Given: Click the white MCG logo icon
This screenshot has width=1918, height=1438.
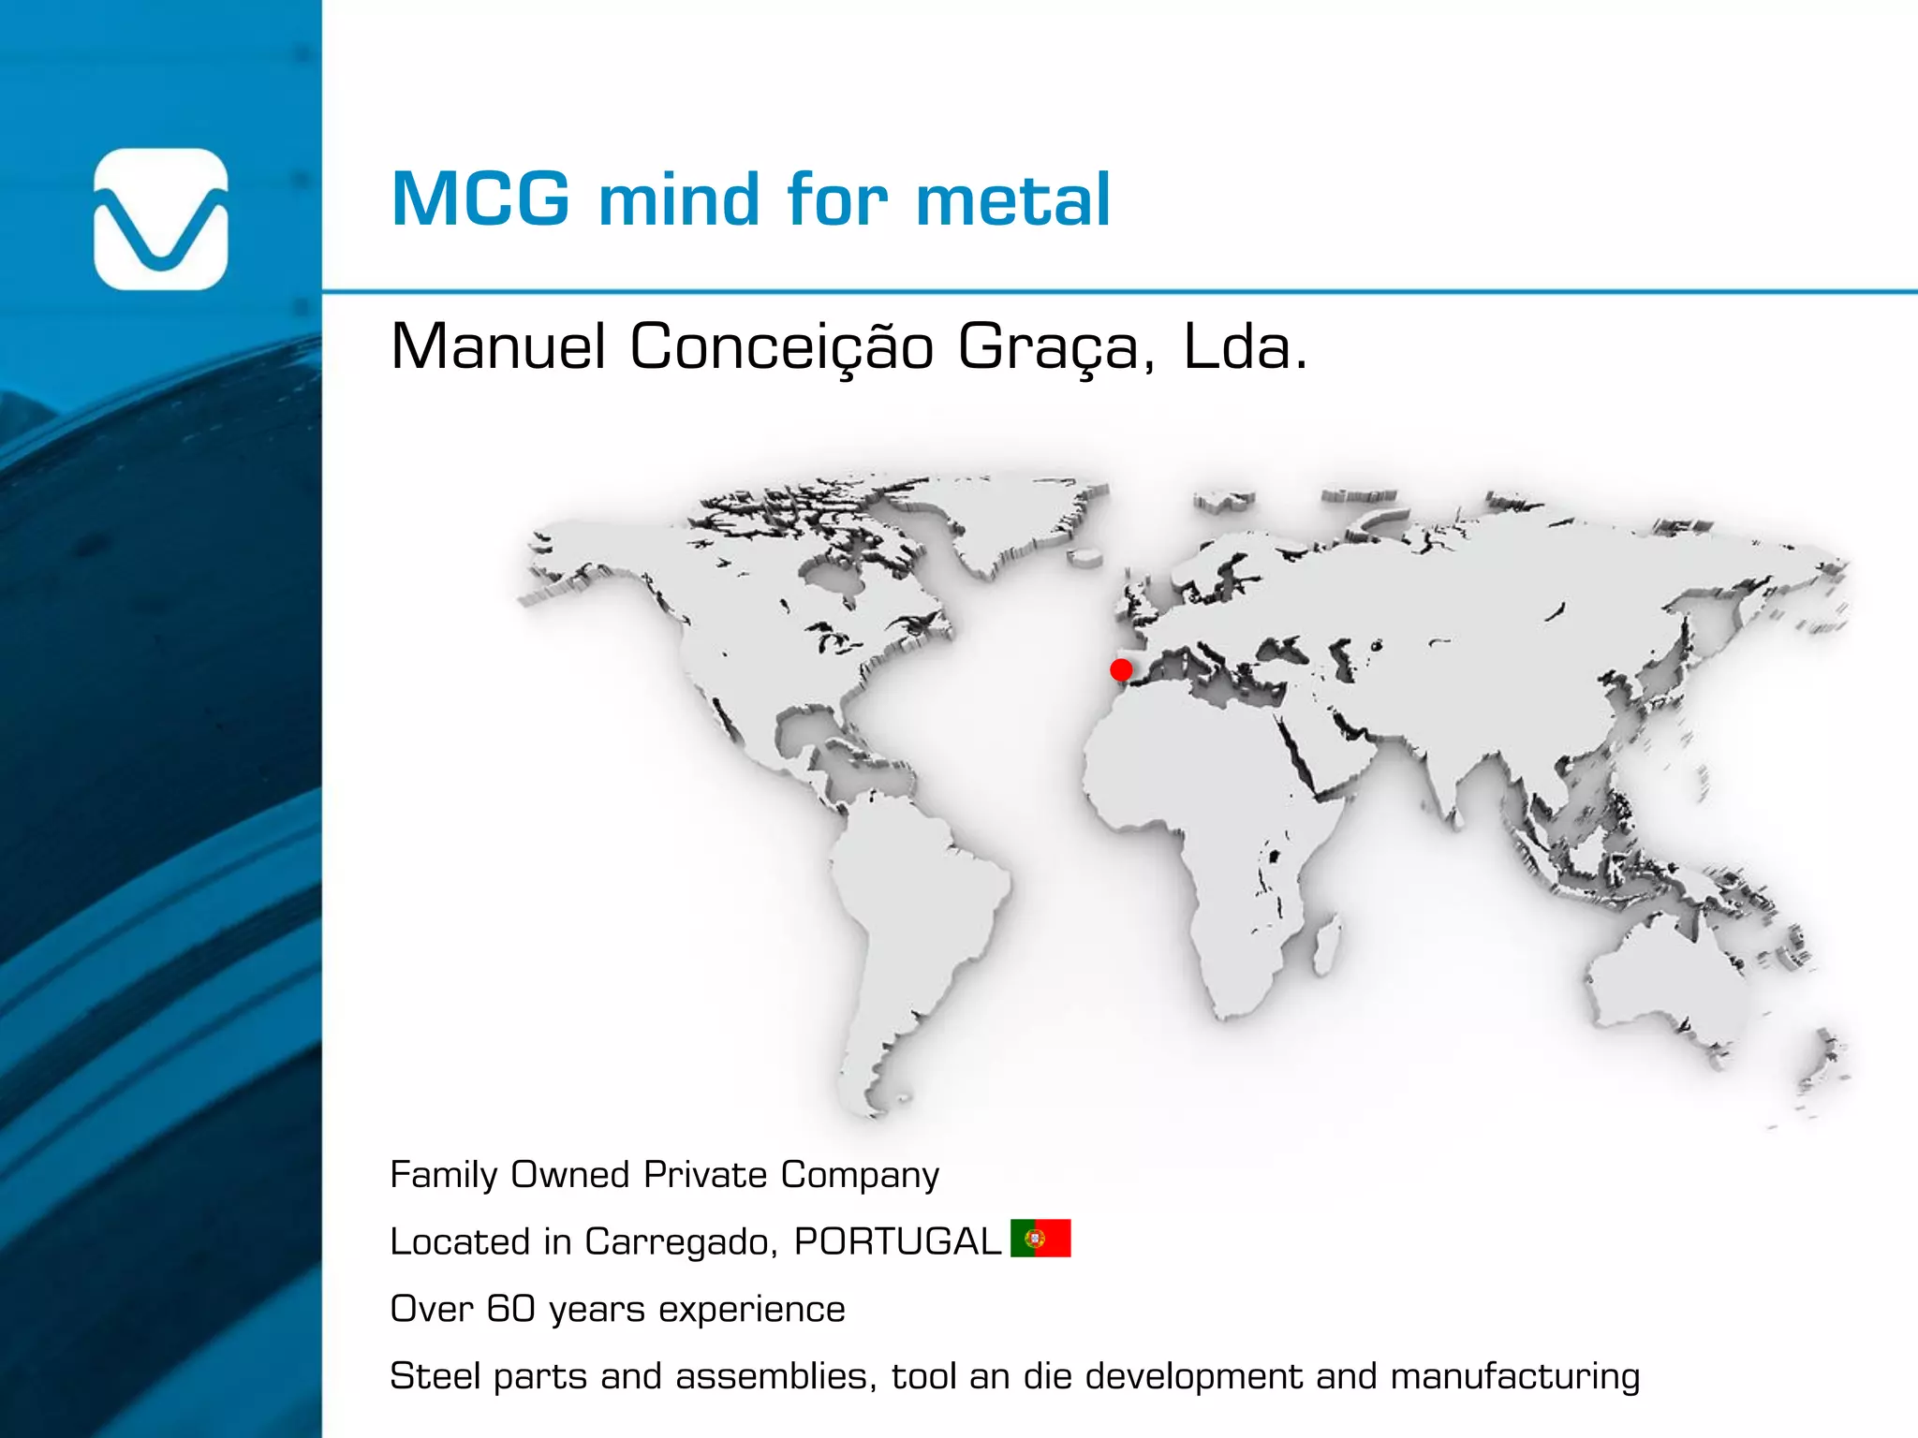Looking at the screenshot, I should tap(161, 219).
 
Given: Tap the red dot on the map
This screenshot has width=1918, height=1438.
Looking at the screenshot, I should tap(1121, 669).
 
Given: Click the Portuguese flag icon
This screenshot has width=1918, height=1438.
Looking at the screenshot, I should tap(1040, 1239).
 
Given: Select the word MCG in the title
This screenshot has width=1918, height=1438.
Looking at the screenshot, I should tap(480, 199).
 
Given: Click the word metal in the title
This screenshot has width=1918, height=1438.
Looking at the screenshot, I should tap(1013, 199).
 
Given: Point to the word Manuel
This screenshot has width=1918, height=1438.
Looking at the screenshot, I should tap(498, 347).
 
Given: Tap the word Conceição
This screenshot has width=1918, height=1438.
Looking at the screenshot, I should tap(781, 347).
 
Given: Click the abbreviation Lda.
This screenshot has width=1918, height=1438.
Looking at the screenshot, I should tap(1245, 347).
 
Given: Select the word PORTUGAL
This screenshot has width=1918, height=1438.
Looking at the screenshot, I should tap(897, 1242).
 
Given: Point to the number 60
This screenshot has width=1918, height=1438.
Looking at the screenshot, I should tap(510, 1309).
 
